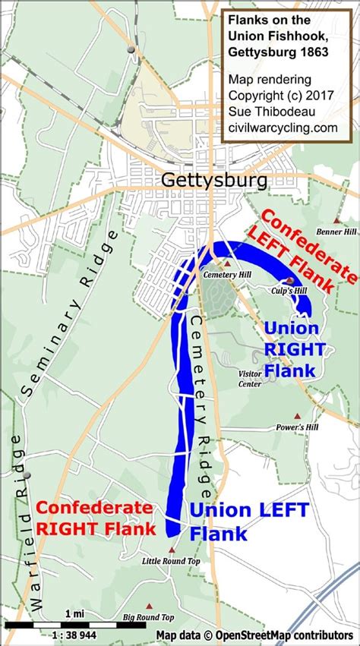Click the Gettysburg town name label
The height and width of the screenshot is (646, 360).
pos(215,180)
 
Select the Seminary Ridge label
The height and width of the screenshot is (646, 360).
pos(69,312)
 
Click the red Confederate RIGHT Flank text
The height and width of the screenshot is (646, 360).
pos(96,517)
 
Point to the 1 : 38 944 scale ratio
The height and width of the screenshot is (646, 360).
pos(74,635)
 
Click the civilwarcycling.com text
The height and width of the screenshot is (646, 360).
pos(283,128)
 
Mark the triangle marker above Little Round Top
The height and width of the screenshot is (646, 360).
pos(172,550)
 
